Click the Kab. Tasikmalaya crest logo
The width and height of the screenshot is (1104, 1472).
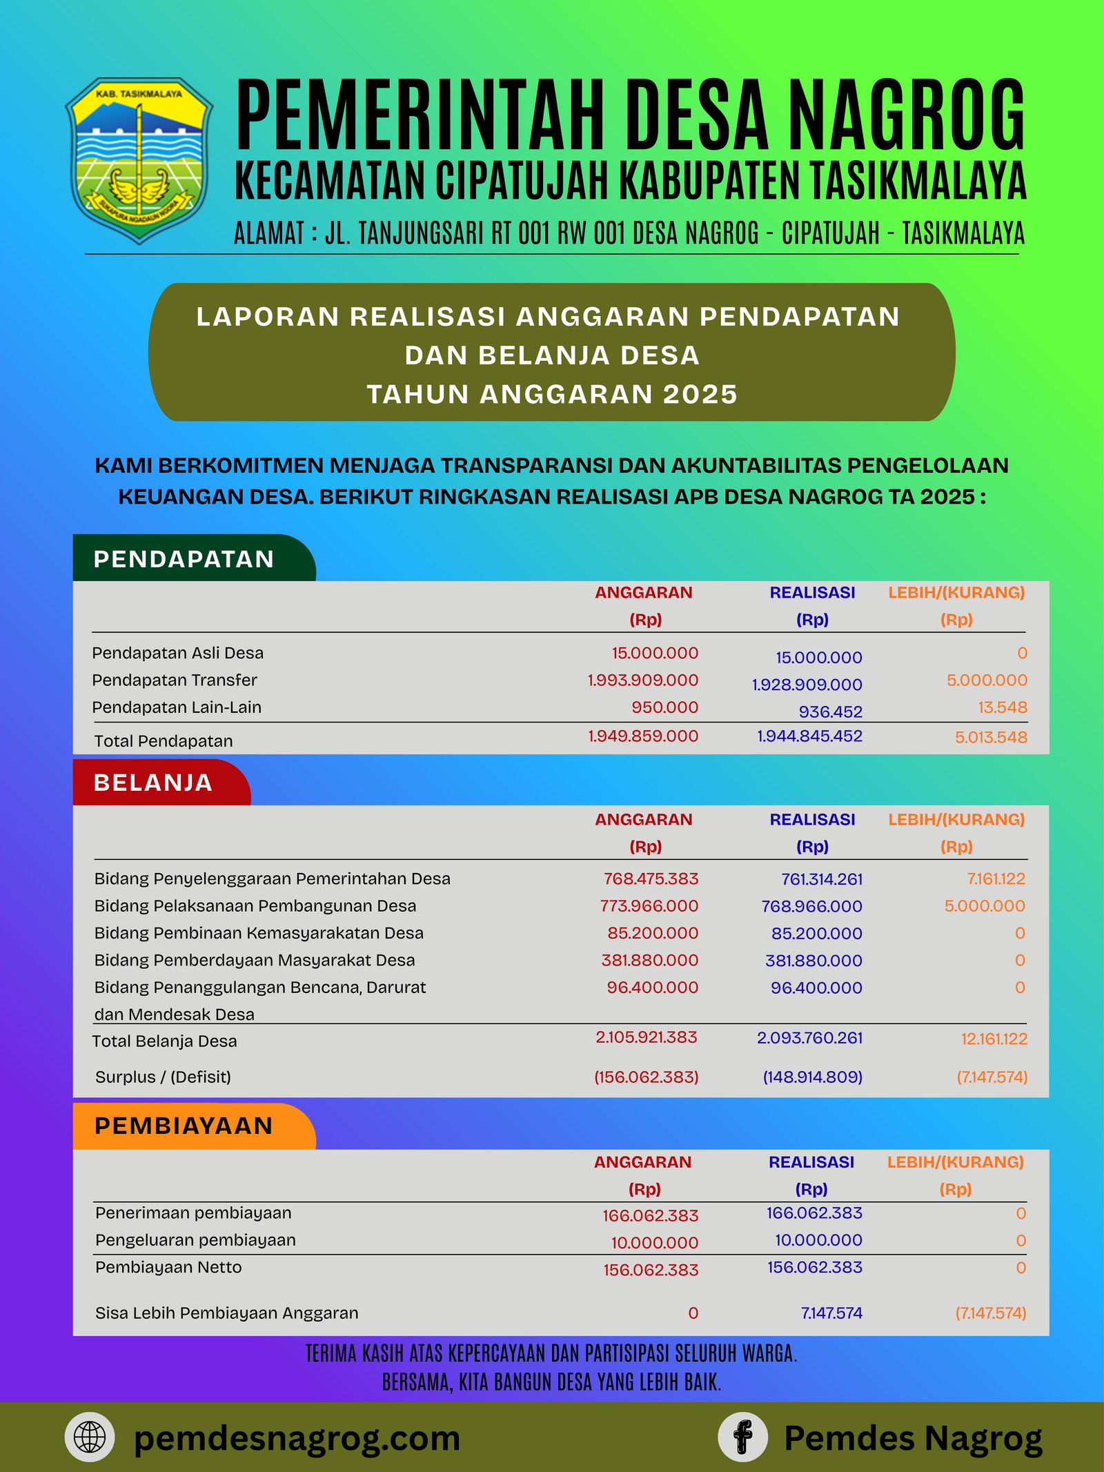pyautogui.click(x=139, y=160)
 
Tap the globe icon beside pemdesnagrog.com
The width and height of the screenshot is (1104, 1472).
pyautogui.click(x=90, y=1437)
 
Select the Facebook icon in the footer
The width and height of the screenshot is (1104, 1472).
pyautogui.click(x=742, y=1437)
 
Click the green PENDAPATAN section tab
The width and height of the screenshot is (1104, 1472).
pyautogui.click(x=184, y=559)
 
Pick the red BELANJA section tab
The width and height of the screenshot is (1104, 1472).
pyautogui.click(x=153, y=783)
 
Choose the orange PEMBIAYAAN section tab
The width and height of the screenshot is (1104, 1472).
pyautogui.click(x=184, y=1126)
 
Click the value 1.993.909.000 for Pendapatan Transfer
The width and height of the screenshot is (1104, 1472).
pyautogui.click(x=642, y=680)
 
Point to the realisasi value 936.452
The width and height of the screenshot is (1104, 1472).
pyautogui.click(x=830, y=712)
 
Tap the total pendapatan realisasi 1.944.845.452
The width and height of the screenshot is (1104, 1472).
pyautogui.click(x=809, y=736)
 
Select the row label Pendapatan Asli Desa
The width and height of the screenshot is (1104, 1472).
pyautogui.click(x=178, y=653)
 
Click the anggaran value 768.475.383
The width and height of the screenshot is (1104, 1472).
pyautogui.click(x=651, y=879)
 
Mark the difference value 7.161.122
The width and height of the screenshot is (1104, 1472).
pyautogui.click(x=996, y=879)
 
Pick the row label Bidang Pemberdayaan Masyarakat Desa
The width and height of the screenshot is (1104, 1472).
pyautogui.click(x=255, y=960)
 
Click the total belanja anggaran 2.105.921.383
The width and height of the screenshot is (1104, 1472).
pyautogui.click(x=647, y=1037)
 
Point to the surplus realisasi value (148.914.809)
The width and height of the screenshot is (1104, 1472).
pyautogui.click(x=812, y=1077)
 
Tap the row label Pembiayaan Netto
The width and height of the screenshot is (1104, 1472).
pyautogui.click(x=168, y=1267)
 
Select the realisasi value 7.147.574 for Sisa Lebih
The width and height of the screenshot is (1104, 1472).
pyautogui.click(x=831, y=1313)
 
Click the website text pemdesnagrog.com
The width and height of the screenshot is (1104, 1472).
pyautogui.click(x=297, y=1439)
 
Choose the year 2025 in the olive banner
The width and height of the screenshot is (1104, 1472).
pyautogui.click(x=700, y=394)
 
